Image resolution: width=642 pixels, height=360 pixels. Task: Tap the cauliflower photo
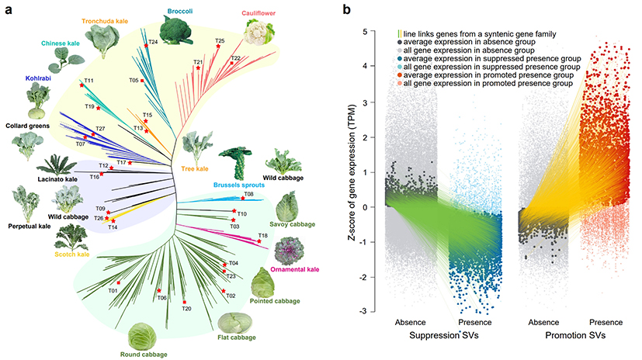click(254, 33)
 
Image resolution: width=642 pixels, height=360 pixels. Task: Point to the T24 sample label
click(153, 41)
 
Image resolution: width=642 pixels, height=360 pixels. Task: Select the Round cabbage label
click(143, 354)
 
